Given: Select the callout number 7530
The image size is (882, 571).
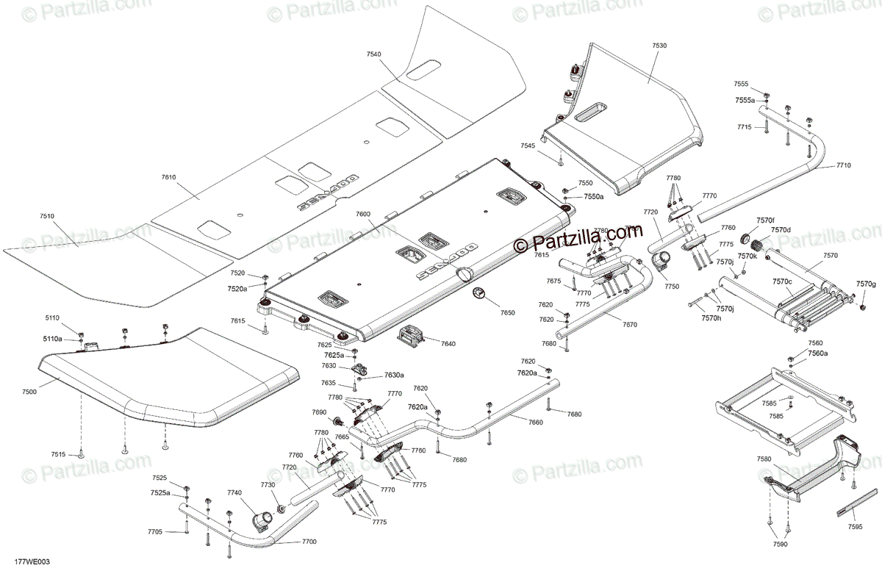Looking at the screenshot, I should pos(659,46).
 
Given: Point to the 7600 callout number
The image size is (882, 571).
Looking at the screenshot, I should pos(363,214).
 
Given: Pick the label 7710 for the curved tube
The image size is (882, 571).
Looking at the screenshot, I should pos(843,166).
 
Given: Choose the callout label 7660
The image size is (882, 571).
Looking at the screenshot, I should pos(535,423).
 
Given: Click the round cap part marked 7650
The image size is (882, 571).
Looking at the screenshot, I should pos(479,294).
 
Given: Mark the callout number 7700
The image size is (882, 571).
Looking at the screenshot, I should pos(309,542).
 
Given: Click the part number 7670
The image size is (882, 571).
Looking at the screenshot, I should pos(630,324).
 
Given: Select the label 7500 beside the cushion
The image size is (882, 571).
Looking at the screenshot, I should pos(29,392).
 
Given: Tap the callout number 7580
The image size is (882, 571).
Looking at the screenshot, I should pos(764,459).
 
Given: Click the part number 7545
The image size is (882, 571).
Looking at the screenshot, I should pos(528,146).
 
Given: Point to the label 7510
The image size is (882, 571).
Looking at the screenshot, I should pos(47,216).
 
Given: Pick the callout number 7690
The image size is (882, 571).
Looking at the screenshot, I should pos(319,412).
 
